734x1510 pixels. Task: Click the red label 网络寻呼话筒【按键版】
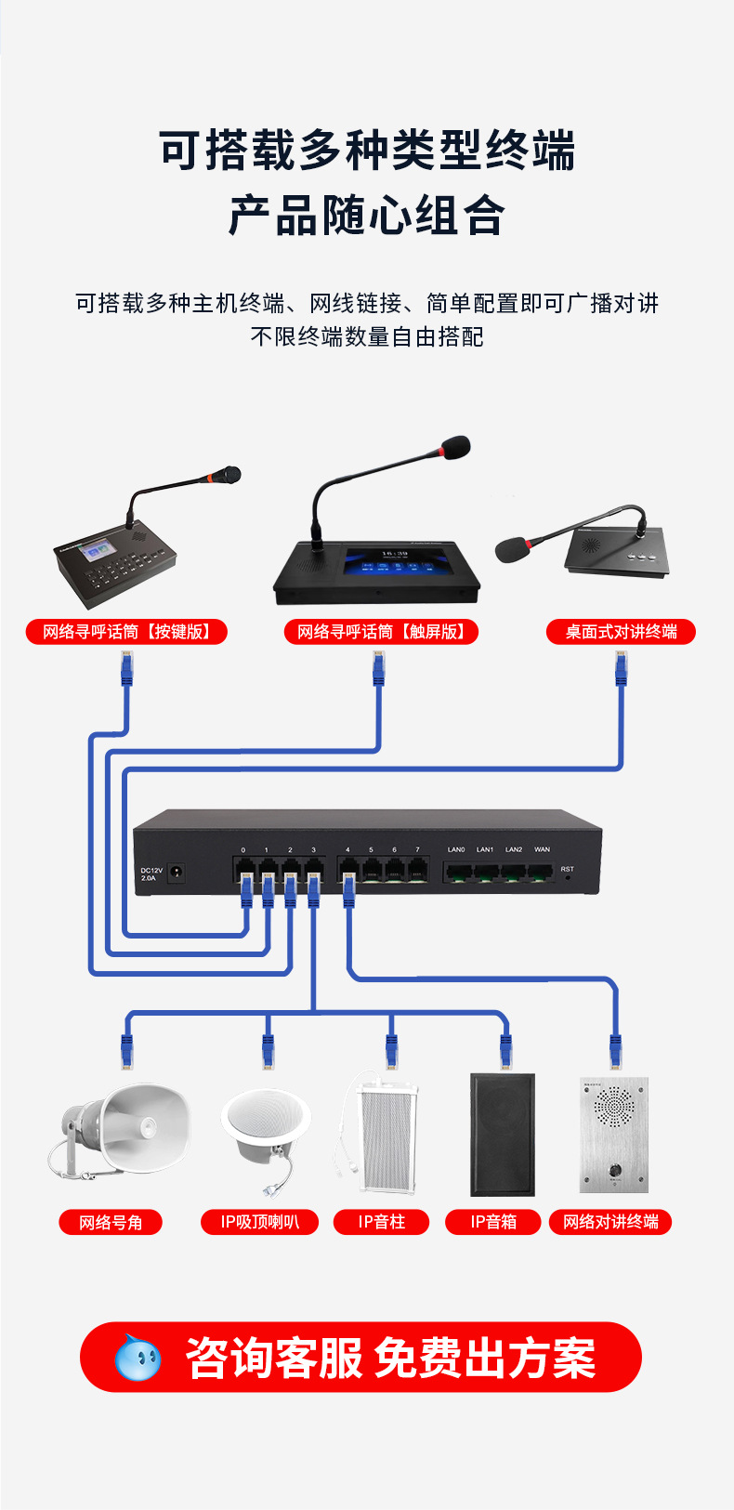pyautogui.click(x=126, y=632)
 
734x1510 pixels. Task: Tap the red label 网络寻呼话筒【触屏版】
pyautogui.click(x=381, y=632)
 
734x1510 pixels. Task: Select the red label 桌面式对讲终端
pyautogui.click(x=621, y=632)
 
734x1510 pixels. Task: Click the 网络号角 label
pyautogui.click(x=111, y=1222)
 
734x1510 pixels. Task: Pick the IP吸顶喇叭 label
pyautogui.click(x=259, y=1222)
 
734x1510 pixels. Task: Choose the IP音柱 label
pyautogui.click(x=382, y=1222)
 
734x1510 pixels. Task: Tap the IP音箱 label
pyautogui.click(x=493, y=1222)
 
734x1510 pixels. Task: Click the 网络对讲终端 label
pyautogui.click(x=610, y=1222)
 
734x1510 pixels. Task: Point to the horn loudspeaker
pyautogui.click(x=121, y=1129)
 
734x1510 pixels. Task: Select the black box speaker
pyautogui.click(x=503, y=1135)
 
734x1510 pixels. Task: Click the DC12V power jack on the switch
pyautogui.click(x=175, y=873)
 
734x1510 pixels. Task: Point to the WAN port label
pyautogui.click(x=542, y=849)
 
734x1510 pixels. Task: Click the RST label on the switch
pyautogui.click(x=567, y=869)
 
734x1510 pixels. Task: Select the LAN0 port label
pyautogui.click(x=456, y=849)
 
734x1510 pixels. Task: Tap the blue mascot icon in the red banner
pyautogui.click(x=138, y=1358)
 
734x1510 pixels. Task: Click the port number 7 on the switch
pyautogui.click(x=417, y=849)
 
